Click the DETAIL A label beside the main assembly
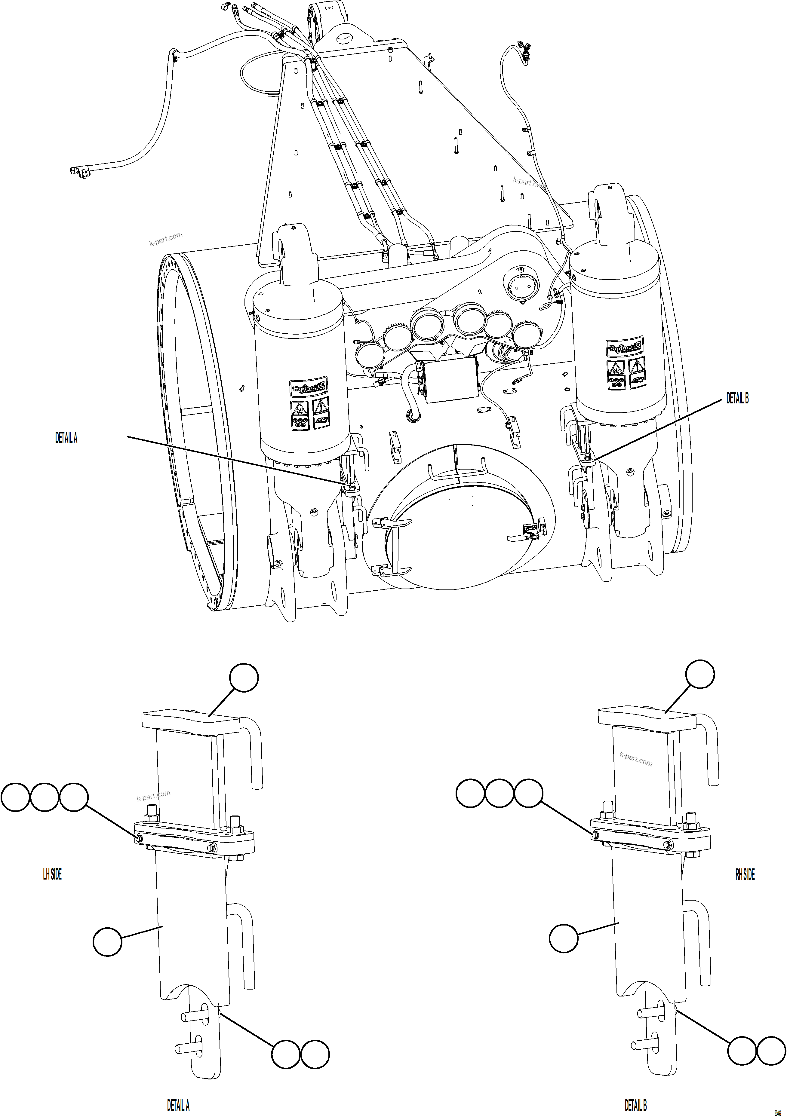pos(66,438)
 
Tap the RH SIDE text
pos(745,874)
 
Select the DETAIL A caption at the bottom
pos(178,1105)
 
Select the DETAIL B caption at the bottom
pos(636,1105)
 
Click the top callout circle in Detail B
pos(700,674)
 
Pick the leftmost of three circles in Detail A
pos(16,797)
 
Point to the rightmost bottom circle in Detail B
pos(771,1050)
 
